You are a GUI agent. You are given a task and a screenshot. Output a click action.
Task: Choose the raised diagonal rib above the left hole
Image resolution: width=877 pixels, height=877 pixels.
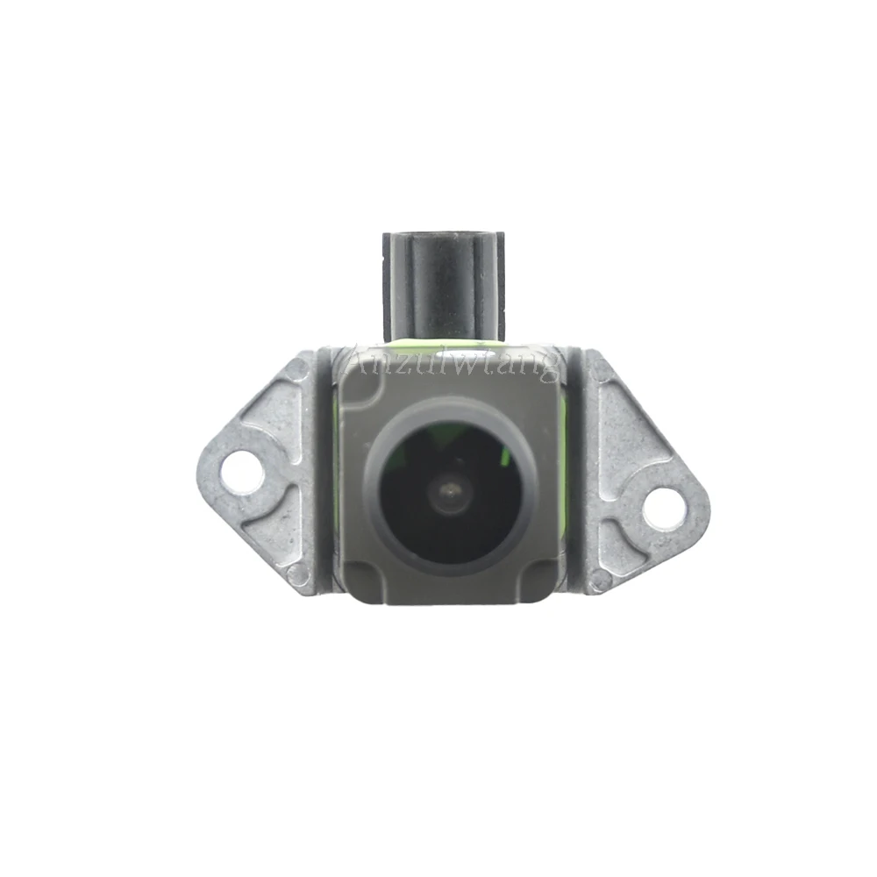263,412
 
